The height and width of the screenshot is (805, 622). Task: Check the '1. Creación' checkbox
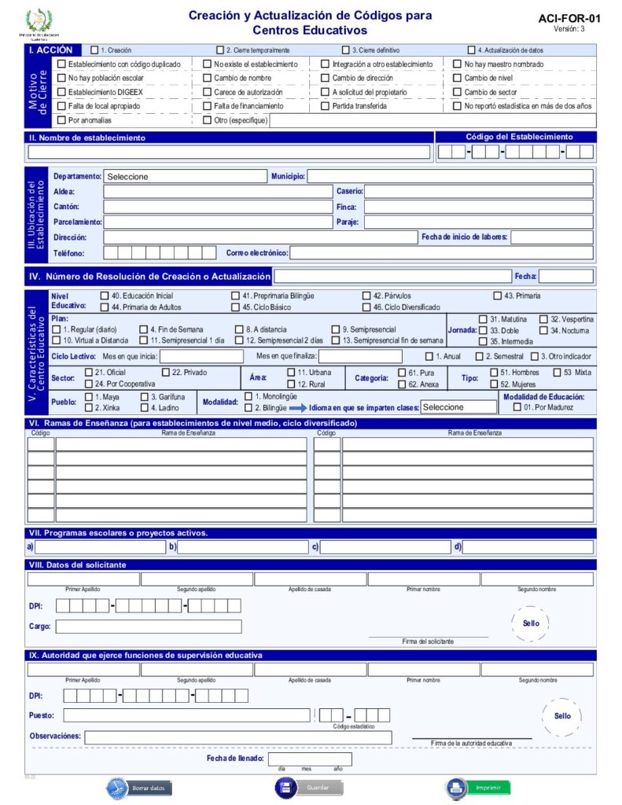(x=95, y=50)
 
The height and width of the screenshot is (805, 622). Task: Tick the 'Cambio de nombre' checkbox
(x=207, y=79)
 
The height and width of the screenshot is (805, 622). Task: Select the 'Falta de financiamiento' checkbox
(x=207, y=106)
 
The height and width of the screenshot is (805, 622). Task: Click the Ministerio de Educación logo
(x=36, y=21)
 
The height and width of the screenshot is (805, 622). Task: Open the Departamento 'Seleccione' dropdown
(x=185, y=177)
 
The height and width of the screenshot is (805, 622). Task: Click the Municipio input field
(x=450, y=177)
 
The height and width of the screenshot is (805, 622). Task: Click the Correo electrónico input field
(x=441, y=253)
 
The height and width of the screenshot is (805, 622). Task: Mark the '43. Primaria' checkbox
(x=498, y=296)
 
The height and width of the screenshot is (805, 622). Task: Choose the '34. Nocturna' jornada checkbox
(x=544, y=331)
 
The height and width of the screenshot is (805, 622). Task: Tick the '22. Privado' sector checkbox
(x=166, y=372)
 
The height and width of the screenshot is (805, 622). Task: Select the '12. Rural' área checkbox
(x=291, y=384)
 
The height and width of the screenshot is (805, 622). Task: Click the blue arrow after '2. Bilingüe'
(x=298, y=407)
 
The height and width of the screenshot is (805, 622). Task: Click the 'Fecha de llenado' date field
(x=310, y=759)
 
